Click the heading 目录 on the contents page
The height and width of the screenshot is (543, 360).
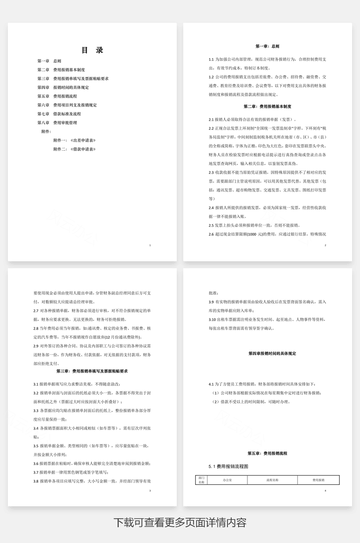point(92,50)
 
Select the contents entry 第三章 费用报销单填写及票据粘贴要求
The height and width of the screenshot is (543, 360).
point(73,79)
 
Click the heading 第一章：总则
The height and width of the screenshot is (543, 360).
point(267,46)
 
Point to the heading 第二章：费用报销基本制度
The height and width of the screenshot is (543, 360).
point(267,106)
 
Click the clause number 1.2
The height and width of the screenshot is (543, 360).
point(211,77)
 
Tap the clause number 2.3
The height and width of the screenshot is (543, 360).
point(211,172)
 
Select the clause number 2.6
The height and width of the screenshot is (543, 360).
point(211,234)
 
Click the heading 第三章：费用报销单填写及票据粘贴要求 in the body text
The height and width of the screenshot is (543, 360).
point(92,371)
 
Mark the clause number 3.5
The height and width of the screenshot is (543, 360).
point(36,446)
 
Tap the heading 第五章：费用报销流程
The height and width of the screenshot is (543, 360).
point(267,453)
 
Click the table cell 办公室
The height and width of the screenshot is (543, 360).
point(228,480)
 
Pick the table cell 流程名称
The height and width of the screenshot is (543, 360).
point(272,480)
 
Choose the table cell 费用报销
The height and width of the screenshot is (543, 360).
point(319,480)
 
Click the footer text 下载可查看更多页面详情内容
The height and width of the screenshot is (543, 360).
point(180,523)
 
